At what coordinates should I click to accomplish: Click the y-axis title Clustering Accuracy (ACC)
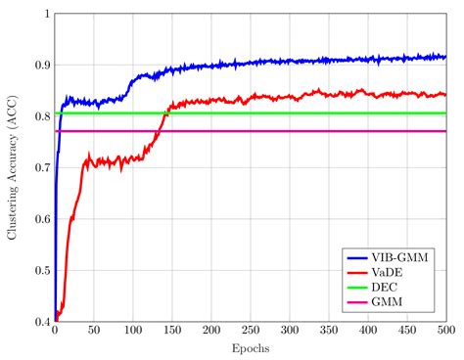[13, 167]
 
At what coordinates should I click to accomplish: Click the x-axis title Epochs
[250, 348]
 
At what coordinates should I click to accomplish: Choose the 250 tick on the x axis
[250, 332]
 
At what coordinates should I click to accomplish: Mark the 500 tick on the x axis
[445, 332]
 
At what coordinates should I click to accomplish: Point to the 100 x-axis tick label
[132, 332]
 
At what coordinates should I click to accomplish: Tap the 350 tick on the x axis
[328, 332]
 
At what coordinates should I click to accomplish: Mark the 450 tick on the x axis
[406, 332]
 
